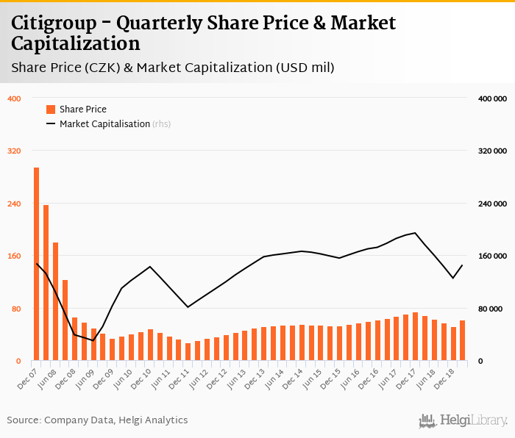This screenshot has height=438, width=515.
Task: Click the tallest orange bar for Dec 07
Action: (36, 265)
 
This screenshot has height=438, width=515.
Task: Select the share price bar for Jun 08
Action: (55, 301)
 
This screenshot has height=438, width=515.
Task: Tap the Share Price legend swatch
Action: (51, 109)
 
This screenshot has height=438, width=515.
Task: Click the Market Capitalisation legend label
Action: (104, 124)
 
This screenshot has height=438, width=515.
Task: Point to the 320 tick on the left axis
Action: (14, 151)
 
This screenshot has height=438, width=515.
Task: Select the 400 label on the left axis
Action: (14, 98)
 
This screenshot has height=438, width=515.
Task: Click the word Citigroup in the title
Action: (56, 23)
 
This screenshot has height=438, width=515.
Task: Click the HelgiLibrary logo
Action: (463, 420)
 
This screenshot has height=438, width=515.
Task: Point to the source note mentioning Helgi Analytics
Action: (97, 420)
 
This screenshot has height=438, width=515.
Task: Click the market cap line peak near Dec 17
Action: (416, 233)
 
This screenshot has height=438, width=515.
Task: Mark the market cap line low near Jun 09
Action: (93, 340)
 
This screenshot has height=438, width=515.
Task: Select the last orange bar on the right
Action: (462, 340)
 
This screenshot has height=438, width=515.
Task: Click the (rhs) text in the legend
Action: (161, 124)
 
